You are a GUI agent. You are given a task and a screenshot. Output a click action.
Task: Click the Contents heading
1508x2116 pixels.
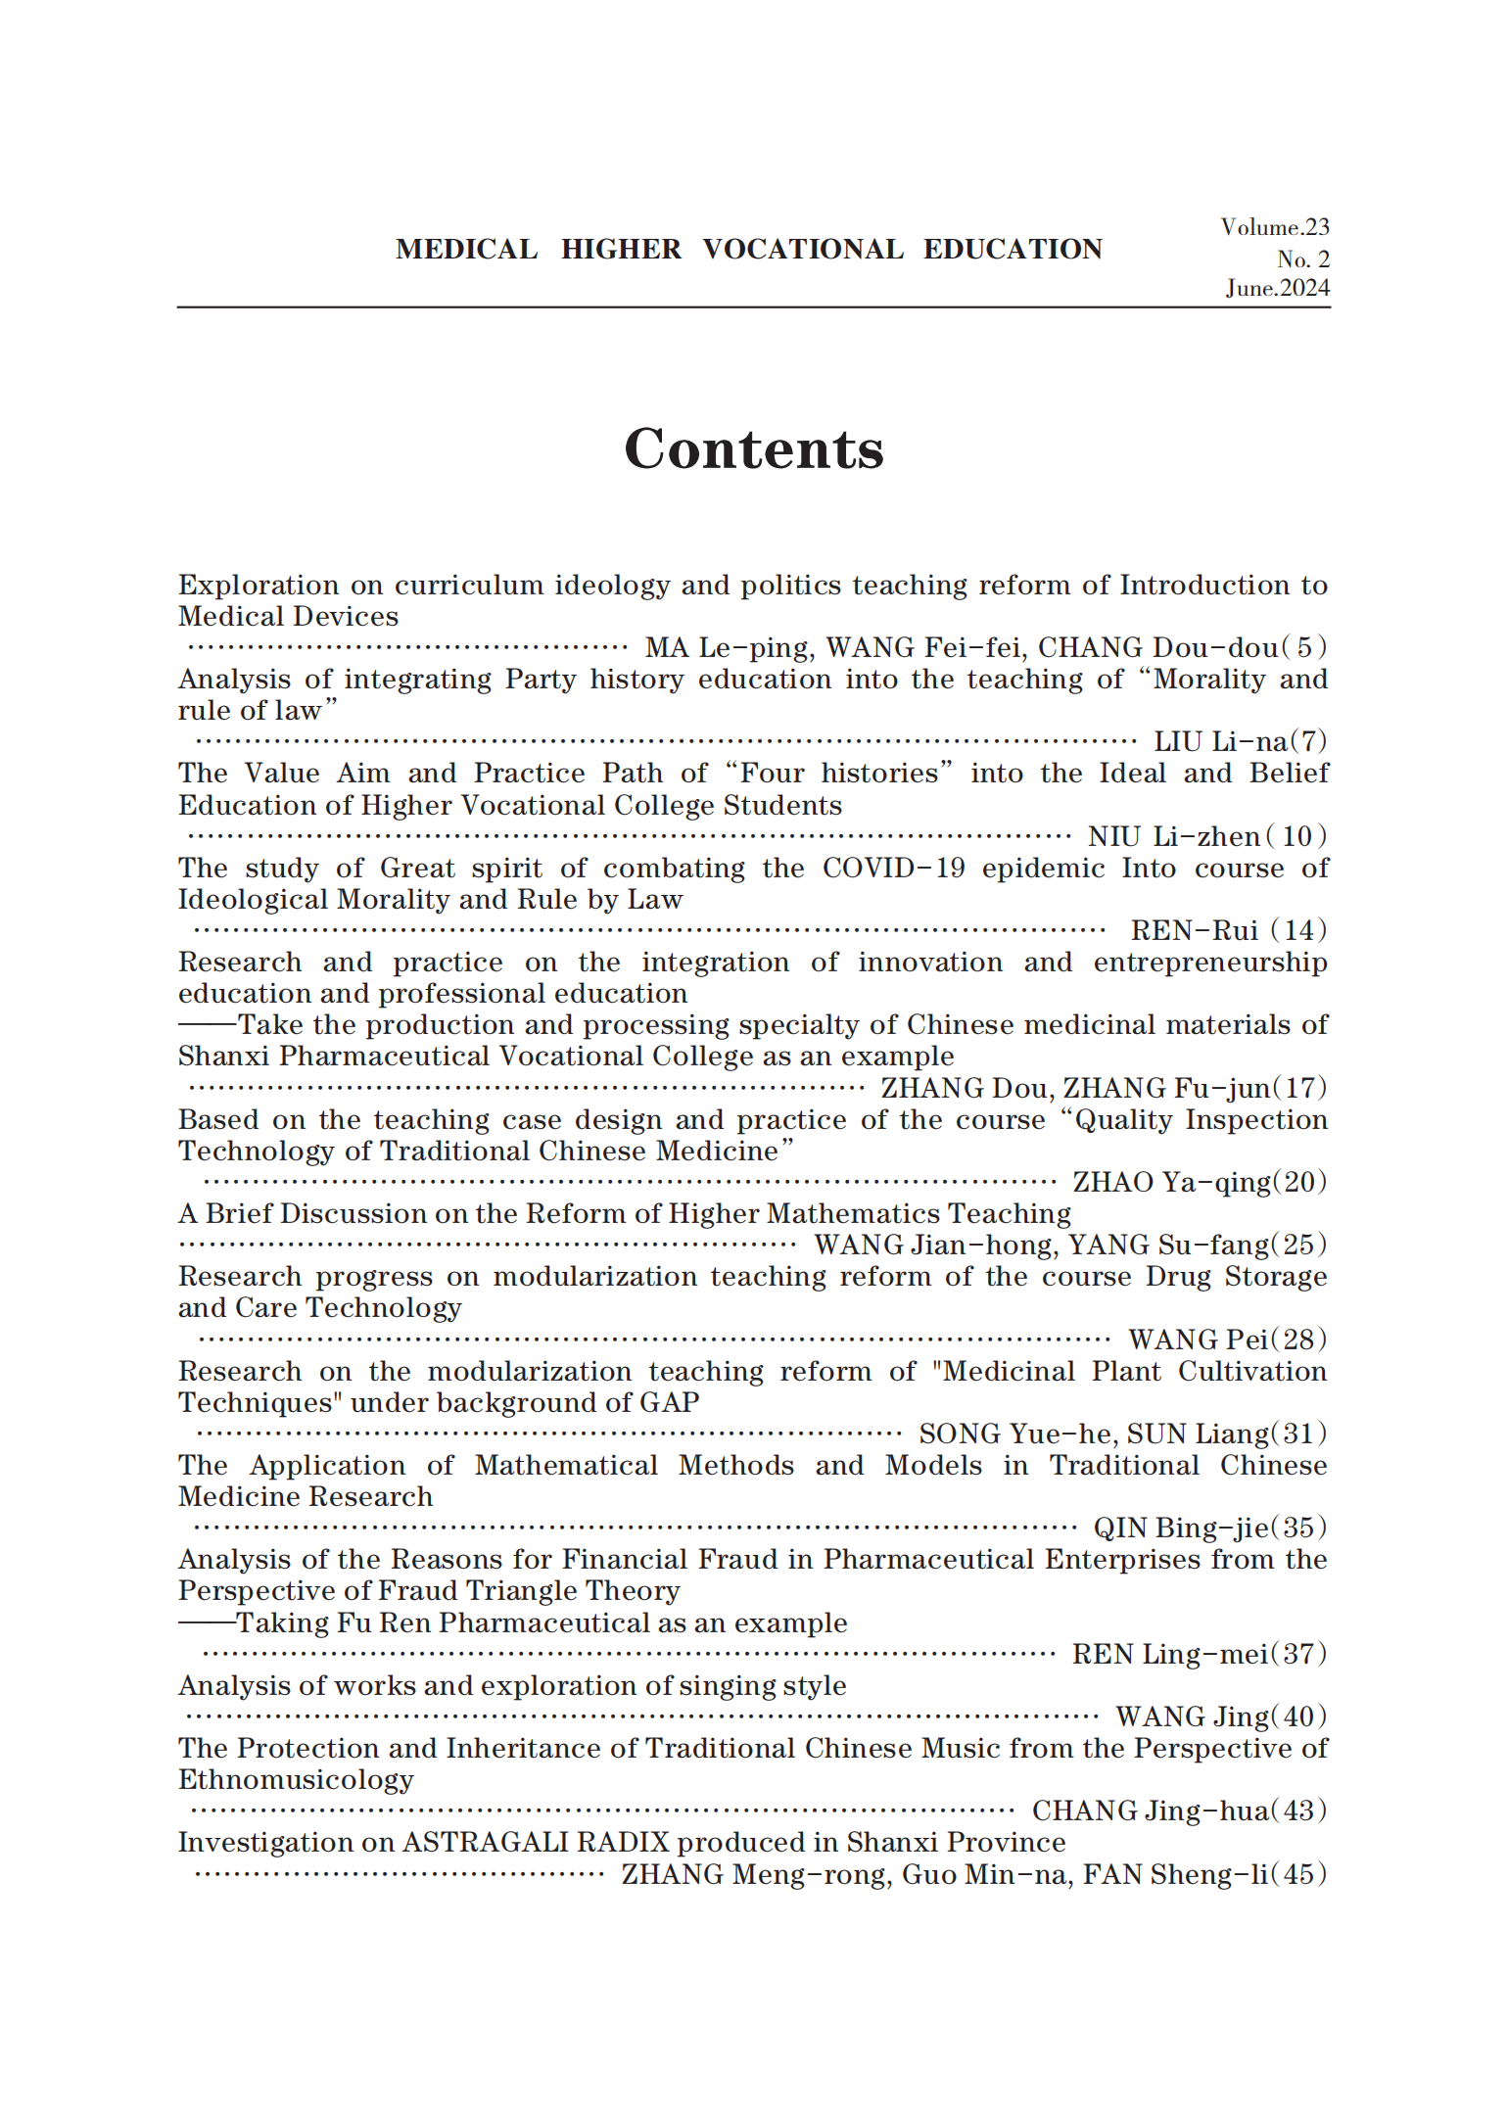point(754,449)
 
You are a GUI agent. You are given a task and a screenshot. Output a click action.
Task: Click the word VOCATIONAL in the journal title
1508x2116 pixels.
point(803,250)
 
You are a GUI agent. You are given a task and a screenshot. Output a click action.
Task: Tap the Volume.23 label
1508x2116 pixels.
point(1275,227)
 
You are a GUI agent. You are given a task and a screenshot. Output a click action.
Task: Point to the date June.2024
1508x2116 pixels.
point(1278,288)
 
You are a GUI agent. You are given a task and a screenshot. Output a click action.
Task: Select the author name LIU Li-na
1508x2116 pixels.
point(1220,742)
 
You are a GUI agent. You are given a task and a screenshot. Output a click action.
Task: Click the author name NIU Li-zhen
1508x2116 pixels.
point(1174,836)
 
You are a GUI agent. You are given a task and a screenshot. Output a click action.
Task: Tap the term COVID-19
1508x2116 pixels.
point(893,869)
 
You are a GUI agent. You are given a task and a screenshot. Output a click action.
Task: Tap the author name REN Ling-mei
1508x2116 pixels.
point(1170,1654)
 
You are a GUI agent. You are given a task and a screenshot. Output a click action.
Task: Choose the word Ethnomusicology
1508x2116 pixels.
point(296,1779)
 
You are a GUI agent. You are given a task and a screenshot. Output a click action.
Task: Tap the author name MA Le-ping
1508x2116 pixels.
point(728,648)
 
